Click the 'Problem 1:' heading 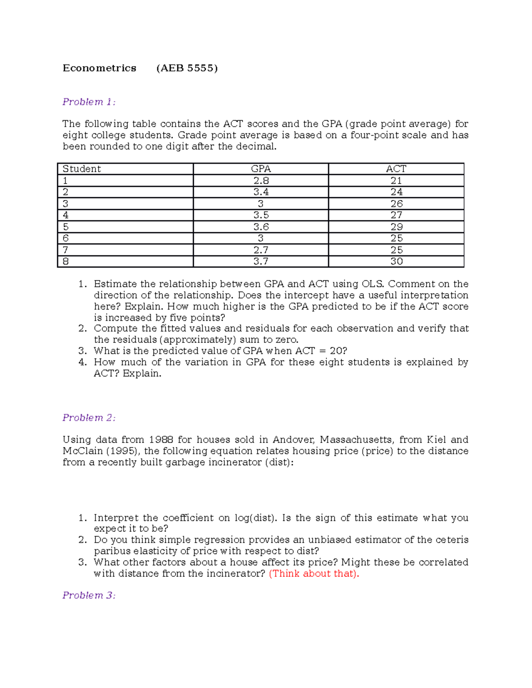(x=89, y=102)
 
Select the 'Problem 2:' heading (x=89, y=418)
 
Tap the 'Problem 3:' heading (x=89, y=595)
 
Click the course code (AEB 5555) (x=187, y=68)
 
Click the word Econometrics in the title (x=99, y=68)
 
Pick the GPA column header (x=261, y=169)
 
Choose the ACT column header (x=396, y=169)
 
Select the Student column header (x=82, y=169)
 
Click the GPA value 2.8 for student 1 (x=261, y=180)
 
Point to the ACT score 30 (x=396, y=261)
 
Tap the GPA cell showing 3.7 (x=261, y=261)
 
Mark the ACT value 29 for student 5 (x=396, y=227)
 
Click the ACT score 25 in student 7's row (x=396, y=250)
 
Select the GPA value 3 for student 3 (x=261, y=204)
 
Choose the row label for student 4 (x=66, y=215)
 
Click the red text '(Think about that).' (x=314, y=574)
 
